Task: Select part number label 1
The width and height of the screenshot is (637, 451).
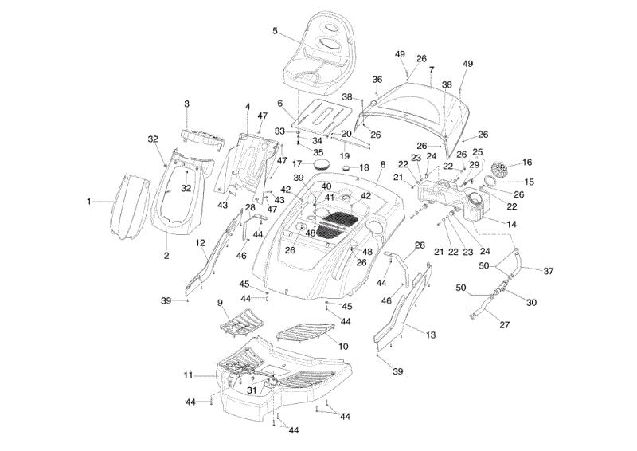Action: [x=89, y=202]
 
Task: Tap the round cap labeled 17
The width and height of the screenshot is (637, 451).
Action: [x=322, y=165]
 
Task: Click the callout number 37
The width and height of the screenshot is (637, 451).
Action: [x=549, y=271]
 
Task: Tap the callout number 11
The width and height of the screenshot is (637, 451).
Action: [x=188, y=375]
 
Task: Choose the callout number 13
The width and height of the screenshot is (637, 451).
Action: [x=431, y=335]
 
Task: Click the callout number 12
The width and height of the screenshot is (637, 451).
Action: [x=201, y=243]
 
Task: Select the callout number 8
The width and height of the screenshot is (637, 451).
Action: [x=382, y=164]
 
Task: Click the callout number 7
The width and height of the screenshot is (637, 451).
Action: [x=431, y=69]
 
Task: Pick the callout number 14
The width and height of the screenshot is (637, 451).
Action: [x=511, y=224]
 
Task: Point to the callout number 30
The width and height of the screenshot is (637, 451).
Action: [x=531, y=303]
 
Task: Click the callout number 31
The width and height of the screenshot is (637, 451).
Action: [x=252, y=390]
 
